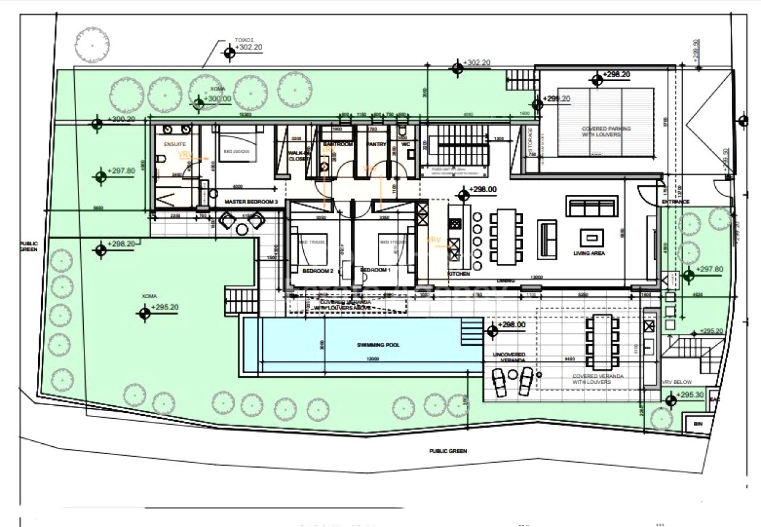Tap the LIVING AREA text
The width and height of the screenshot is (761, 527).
pos(589,253)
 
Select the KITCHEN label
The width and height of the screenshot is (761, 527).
pos(458,274)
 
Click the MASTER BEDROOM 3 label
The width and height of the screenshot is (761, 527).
pos(251,202)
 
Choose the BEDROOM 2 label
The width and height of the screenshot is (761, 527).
pos(317,270)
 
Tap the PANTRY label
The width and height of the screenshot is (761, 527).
pos(376,144)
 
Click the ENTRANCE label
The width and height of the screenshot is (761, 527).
pos(675,202)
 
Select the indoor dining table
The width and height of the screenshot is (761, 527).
pos(506,236)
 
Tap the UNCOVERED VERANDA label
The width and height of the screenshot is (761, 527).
pos(509,358)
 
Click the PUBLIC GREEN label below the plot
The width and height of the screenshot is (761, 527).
pos(448,451)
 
